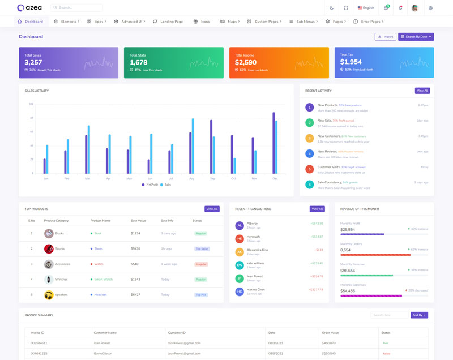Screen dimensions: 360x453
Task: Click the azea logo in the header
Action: point(29,8)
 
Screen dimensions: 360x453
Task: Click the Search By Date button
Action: point(416,37)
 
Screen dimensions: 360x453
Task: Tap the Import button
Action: point(386,37)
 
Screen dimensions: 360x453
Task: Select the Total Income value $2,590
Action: point(246,62)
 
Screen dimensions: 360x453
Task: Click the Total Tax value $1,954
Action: point(351,62)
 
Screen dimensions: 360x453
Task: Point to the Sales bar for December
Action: point(276,147)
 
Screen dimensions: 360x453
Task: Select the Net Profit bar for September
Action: point(211,147)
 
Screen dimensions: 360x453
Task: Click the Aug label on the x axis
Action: point(191,178)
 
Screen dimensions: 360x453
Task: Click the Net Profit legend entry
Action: point(149,185)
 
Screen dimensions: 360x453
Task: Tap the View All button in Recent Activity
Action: point(422,91)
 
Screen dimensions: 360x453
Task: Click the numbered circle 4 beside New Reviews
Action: point(309,153)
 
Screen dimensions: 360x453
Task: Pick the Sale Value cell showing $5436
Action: point(135,248)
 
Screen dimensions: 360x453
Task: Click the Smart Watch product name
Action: point(103,279)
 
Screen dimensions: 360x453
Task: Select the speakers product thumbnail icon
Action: point(49,295)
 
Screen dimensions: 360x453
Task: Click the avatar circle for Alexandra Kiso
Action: point(240,252)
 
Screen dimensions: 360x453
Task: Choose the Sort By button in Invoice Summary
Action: point(419,315)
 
